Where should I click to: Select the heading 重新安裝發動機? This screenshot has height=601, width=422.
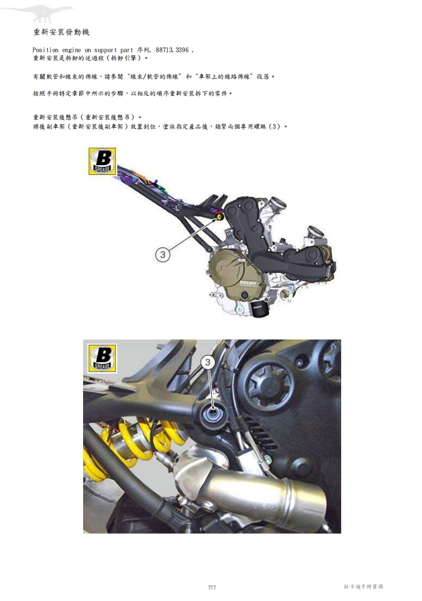(61, 31)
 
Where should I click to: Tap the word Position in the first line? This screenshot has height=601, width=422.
(45, 51)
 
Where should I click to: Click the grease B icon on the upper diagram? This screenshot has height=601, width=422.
(102, 161)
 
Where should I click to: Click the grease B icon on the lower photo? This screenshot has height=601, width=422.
(102, 357)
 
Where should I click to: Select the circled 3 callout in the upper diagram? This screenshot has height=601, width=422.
(163, 254)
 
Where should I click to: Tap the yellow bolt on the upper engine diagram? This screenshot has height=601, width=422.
(219, 217)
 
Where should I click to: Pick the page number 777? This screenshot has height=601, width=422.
(212, 588)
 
